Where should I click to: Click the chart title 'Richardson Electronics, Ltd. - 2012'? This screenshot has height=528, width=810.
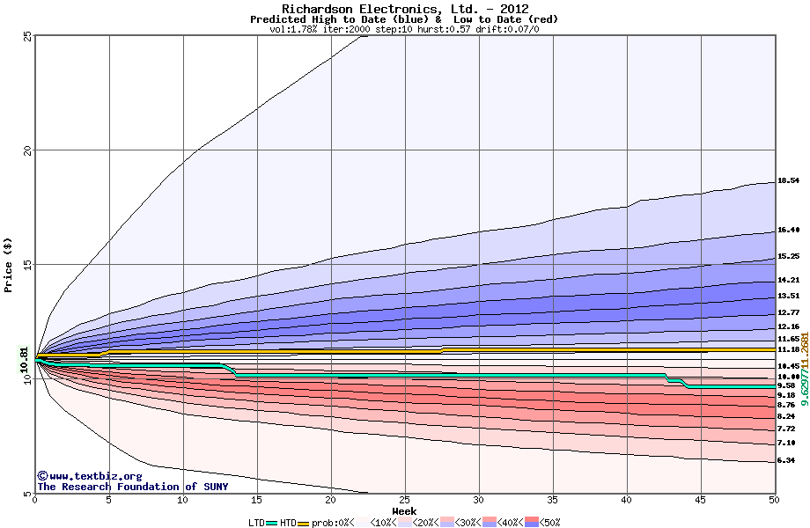(x=404, y=9)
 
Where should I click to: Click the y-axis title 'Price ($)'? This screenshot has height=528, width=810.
(x=9, y=264)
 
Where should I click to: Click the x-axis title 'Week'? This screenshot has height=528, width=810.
(x=404, y=511)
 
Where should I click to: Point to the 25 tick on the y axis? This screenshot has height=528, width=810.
(x=27, y=36)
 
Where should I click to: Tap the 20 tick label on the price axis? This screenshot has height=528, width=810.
(x=27, y=150)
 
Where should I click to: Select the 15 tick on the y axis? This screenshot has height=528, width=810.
(x=27, y=265)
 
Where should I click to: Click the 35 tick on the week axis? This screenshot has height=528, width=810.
(x=552, y=501)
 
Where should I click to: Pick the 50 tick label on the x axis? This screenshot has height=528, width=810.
(x=774, y=501)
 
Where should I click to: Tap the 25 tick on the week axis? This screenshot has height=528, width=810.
(x=404, y=501)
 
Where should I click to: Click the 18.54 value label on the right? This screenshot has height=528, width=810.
(x=788, y=181)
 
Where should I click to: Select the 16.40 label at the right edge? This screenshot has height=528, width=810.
(x=788, y=231)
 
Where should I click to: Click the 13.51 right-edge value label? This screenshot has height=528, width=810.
(x=788, y=297)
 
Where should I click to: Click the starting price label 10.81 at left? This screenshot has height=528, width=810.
(x=25, y=358)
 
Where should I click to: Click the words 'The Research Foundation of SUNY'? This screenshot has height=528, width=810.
(x=132, y=487)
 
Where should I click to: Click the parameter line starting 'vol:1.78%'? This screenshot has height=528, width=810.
(x=404, y=29)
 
